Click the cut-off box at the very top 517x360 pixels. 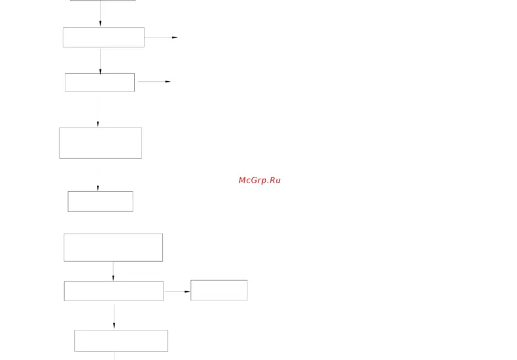103,1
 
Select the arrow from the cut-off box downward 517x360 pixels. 100,14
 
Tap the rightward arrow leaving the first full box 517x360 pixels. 161,37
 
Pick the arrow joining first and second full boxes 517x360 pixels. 100,61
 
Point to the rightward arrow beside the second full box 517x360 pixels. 154,81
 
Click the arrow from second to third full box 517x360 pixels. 98,111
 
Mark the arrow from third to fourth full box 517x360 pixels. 98,179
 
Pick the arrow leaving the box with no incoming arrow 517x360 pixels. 113,272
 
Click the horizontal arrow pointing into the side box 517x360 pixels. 177,291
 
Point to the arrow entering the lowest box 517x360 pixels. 114,316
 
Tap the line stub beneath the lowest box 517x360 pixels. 115,355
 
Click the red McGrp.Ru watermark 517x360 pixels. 260,181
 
